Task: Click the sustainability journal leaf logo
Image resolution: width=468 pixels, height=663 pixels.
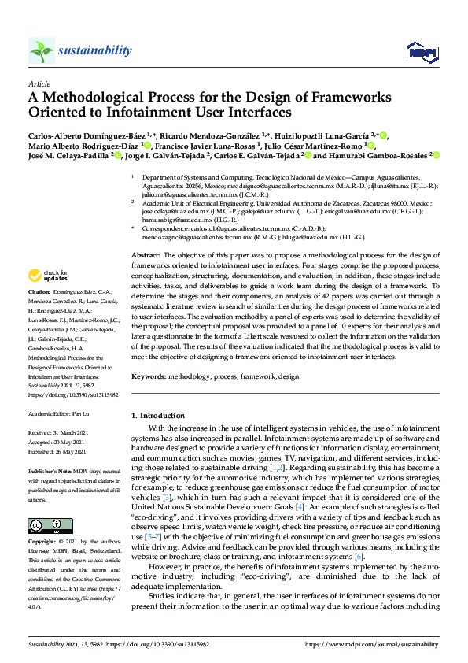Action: coord(41,51)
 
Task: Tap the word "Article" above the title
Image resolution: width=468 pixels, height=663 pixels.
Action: coord(39,83)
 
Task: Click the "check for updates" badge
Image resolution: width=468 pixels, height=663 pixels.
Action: coord(48,275)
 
